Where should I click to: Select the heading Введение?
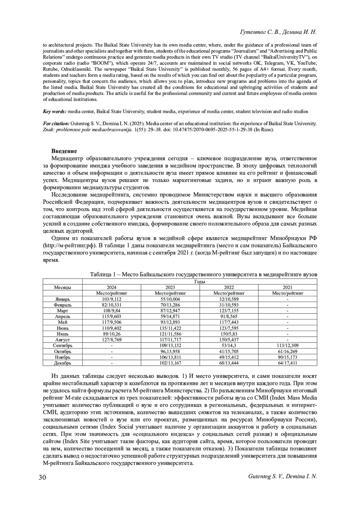[x=64, y=151]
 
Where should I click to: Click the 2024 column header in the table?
[x=112, y=287]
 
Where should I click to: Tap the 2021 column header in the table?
[x=287, y=287]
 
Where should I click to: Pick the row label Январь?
[x=62, y=299]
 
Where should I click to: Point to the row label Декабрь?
[x=62, y=363]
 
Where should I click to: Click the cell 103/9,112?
[x=112, y=299]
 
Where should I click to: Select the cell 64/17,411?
[x=287, y=363]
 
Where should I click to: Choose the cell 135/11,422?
[x=170, y=328]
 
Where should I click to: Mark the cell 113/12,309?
[x=287, y=345]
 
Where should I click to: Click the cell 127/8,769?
[x=112, y=340]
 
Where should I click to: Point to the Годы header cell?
[x=199, y=281]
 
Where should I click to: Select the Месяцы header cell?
[x=62, y=287]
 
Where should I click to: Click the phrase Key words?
[x=55, y=112]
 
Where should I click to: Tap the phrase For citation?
[x=56, y=124]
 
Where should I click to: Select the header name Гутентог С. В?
[x=260, y=32]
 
